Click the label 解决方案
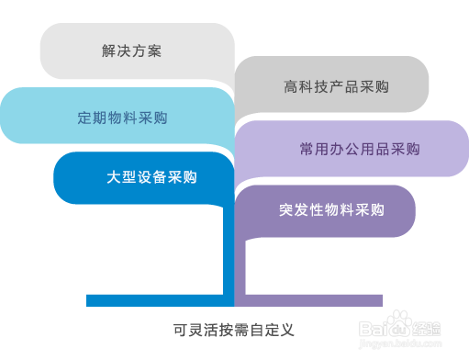point(131,51)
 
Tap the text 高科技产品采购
point(336,87)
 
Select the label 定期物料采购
point(122,118)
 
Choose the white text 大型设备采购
point(151,177)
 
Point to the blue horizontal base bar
point(156,300)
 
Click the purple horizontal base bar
point(308,300)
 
